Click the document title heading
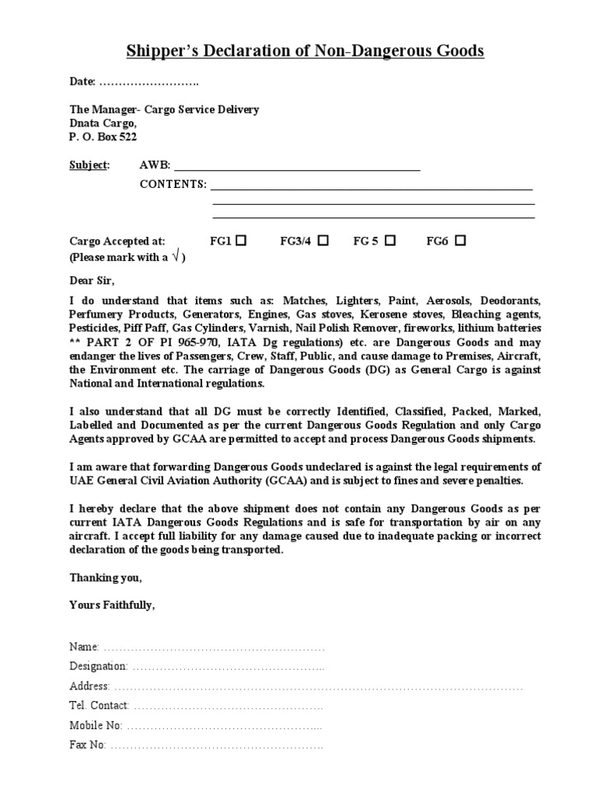click(305, 51)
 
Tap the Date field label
click(82, 82)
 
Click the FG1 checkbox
click(241, 241)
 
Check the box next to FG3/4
click(323, 241)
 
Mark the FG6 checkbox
click(460, 241)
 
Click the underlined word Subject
click(89, 165)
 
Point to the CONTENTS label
click(173, 184)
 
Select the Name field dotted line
click(214, 647)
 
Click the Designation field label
click(98, 666)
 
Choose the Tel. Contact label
click(99, 706)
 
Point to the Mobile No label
click(96, 725)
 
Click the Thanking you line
click(106, 578)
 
